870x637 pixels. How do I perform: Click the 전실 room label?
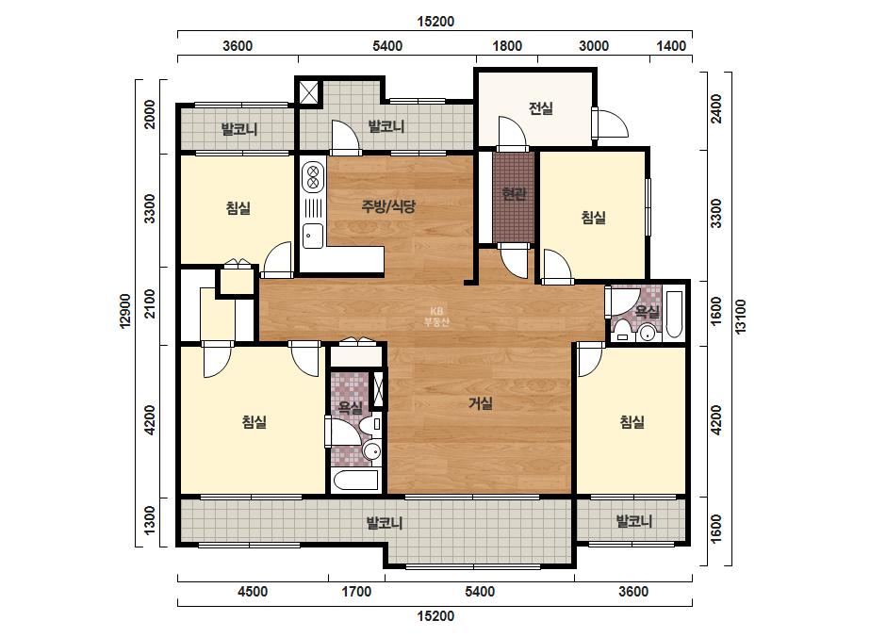pos(541,107)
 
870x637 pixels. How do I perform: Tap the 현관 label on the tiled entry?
pos(514,194)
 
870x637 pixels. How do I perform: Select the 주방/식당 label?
pos(388,207)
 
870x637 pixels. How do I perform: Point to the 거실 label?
pos(481,403)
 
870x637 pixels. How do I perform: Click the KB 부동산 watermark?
pos(436,317)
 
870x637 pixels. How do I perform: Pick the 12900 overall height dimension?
pos(126,311)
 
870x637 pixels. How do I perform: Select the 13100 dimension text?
pos(741,317)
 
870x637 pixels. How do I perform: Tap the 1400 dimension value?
pos(671,45)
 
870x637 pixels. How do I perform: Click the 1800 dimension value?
pos(507,45)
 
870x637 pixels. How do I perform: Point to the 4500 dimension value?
pos(253,592)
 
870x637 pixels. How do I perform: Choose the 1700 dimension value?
pos(356,592)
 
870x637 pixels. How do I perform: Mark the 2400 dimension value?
pos(716,109)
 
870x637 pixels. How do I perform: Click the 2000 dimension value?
pos(150,114)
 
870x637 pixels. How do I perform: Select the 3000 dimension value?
pos(594,45)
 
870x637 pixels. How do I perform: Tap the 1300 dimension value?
pos(150,522)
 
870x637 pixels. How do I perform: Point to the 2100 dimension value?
pos(150,304)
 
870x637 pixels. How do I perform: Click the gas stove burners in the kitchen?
pos(312,174)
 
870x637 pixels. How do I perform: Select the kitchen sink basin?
pos(312,236)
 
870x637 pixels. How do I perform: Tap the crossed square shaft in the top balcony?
pos(309,91)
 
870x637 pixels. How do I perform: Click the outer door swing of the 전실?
pos(611,123)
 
